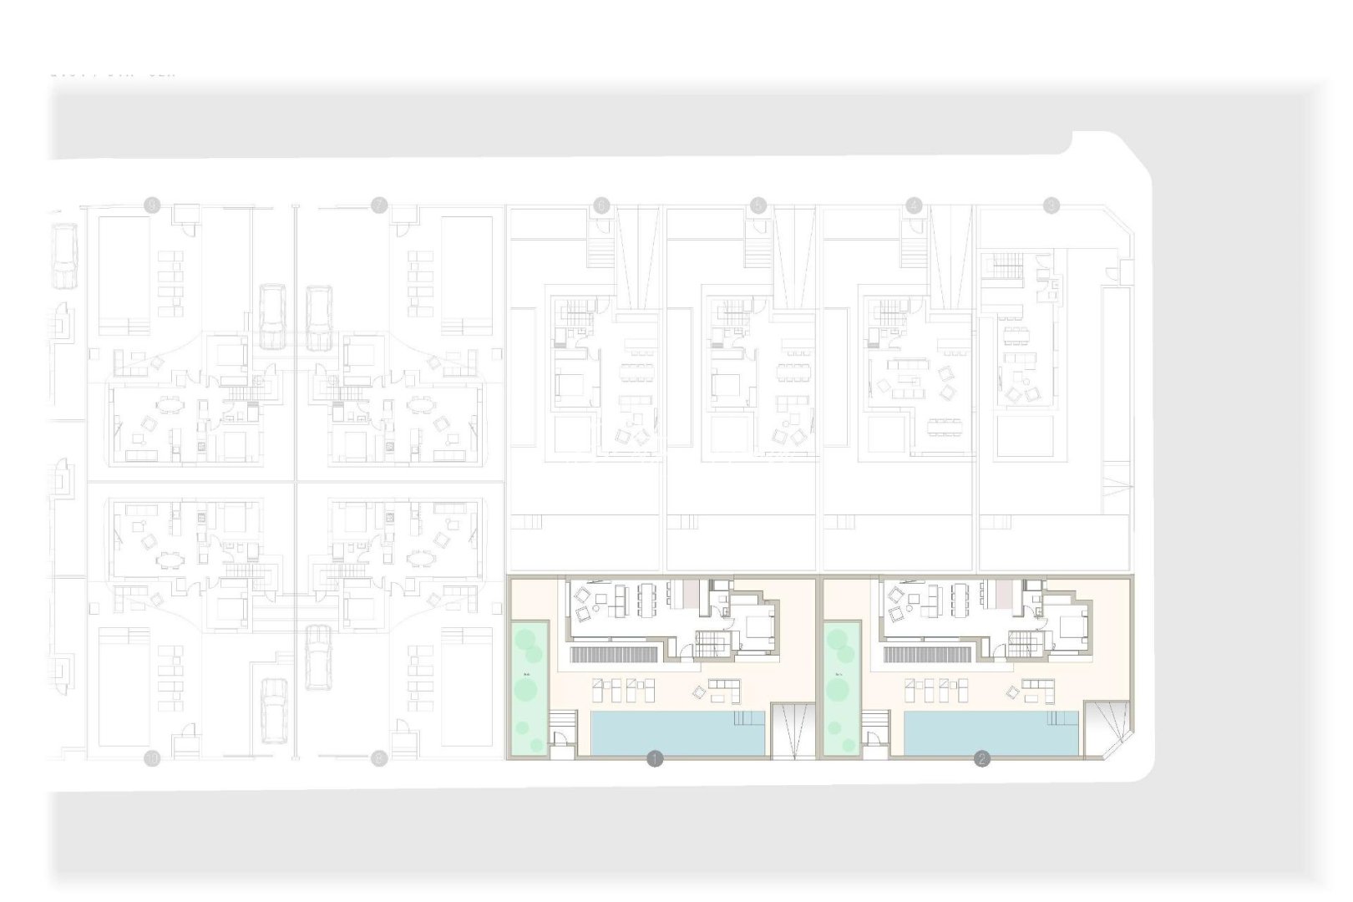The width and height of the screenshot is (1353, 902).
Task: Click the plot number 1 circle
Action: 655,759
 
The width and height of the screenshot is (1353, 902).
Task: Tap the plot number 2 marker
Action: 982,759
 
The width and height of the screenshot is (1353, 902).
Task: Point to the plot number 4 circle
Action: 915,205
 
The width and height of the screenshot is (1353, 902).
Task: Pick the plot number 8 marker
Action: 151,205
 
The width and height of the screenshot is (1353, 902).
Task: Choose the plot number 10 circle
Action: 151,758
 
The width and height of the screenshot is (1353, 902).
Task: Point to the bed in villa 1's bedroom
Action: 758,624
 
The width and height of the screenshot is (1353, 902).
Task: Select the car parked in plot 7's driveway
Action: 319,317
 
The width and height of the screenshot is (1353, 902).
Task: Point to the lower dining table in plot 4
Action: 945,428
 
